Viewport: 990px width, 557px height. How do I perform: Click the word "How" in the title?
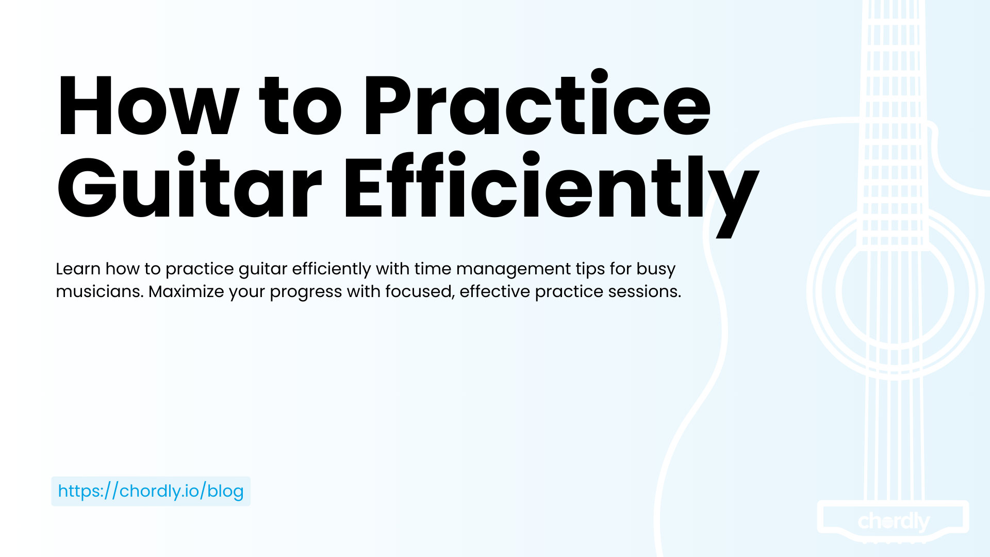pyautogui.click(x=148, y=106)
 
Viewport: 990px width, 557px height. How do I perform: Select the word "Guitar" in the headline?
pyautogui.click(x=189, y=186)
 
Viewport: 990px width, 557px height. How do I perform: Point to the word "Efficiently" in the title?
pyautogui.click(x=551, y=193)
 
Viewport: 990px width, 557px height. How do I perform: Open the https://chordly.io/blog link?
pyautogui.click(x=151, y=491)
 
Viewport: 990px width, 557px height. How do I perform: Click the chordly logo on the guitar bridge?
pyautogui.click(x=894, y=521)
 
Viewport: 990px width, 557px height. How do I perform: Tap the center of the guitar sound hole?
pyautogui.click(x=895, y=291)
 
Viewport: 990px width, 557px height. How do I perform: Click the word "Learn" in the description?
pyautogui.click(x=78, y=269)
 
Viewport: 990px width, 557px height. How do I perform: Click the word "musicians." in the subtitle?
pyautogui.click(x=100, y=291)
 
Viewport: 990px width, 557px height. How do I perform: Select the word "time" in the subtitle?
pyautogui.click(x=433, y=269)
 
